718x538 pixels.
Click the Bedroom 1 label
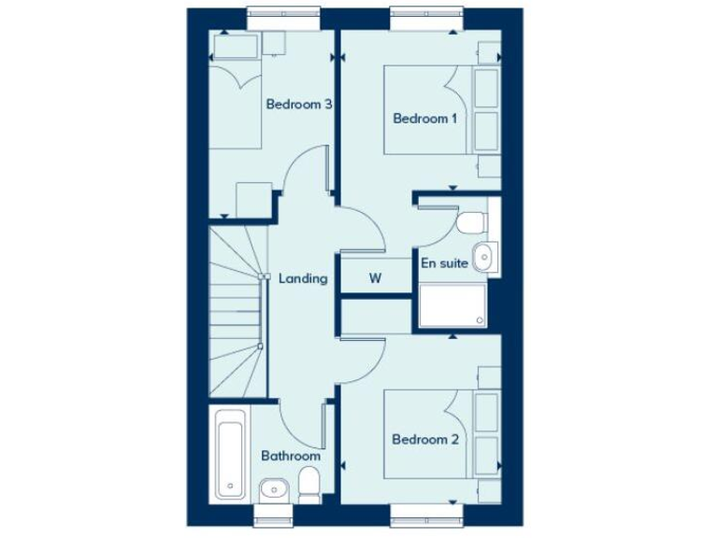[x=425, y=119]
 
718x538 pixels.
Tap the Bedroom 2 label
[x=425, y=439]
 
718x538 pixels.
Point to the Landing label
[x=303, y=278]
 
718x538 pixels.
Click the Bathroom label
[x=291, y=456]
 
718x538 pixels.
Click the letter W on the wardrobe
[x=375, y=277]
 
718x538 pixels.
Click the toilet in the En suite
[x=472, y=222]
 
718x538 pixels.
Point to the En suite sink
[x=484, y=256]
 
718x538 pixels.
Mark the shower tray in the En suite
[x=453, y=305]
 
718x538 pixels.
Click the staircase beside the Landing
[x=235, y=308]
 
